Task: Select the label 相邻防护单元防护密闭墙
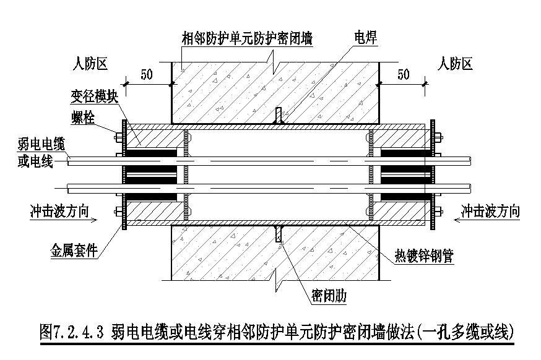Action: click(x=247, y=38)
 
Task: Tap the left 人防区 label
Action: click(x=91, y=63)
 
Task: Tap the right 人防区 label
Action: click(x=455, y=63)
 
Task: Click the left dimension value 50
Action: click(x=147, y=75)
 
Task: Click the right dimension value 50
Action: click(x=403, y=75)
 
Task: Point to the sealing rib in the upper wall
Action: click(x=279, y=116)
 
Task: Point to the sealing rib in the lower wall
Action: click(x=279, y=234)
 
